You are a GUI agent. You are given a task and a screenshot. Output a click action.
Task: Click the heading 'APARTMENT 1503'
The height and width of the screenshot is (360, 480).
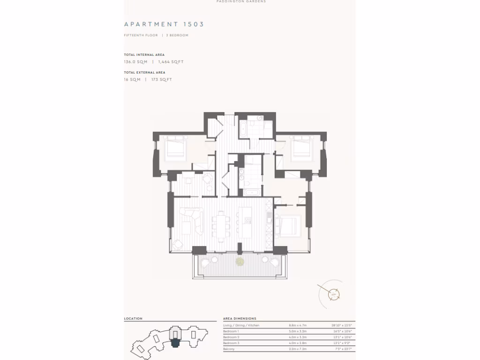pyautogui.click(x=164, y=24)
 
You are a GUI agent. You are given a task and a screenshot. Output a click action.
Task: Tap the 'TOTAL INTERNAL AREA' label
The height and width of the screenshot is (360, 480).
pyautogui.click(x=144, y=55)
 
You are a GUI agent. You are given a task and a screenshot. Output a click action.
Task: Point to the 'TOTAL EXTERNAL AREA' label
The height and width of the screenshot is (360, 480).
pyautogui.click(x=144, y=73)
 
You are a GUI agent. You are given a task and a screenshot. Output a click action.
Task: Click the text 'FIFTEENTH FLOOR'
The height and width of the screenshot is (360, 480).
pyautogui.click(x=141, y=35)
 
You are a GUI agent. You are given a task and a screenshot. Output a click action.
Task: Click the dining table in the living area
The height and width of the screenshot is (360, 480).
pyautogui.click(x=221, y=225)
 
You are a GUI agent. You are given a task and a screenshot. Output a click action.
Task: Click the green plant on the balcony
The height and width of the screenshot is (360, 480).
pyautogui.click(x=240, y=261)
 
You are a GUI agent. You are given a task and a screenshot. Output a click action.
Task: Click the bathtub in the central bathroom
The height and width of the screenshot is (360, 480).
pyautogui.click(x=249, y=192)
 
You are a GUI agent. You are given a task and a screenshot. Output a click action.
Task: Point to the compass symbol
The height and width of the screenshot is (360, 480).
pyautogui.click(x=334, y=294)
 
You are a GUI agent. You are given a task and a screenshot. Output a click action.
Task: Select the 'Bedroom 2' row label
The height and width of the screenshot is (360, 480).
pyautogui.click(x=231, y=337)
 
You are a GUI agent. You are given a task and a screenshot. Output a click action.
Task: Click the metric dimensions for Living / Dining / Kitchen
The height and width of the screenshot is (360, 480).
pyautogui.click(x=299, y=325)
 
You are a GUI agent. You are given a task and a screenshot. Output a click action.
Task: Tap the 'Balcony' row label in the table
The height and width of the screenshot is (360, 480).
pyautogui.click(x=229, y=349)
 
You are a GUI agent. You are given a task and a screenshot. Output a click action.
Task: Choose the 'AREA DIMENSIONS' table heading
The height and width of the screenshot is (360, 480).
pyautogui.click(x=239, y=319)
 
